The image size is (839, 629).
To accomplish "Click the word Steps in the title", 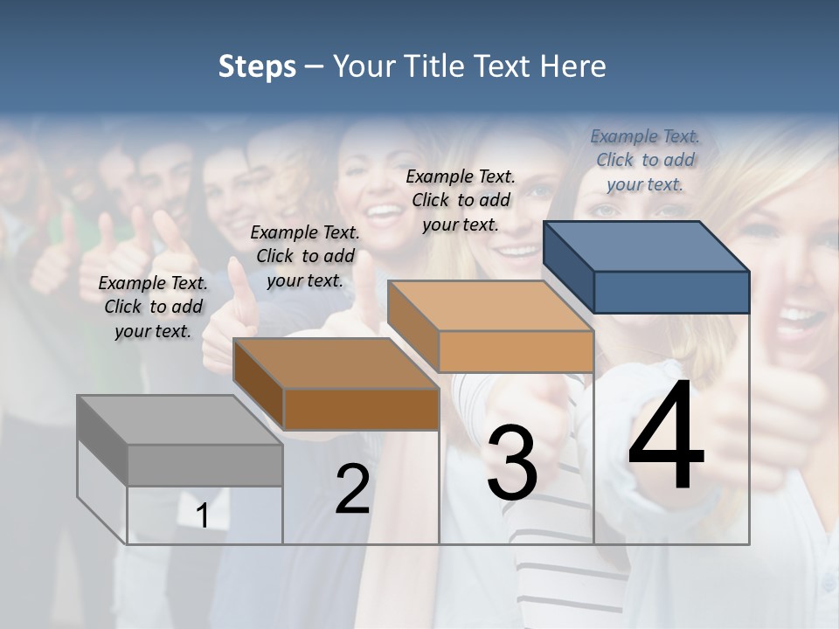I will pos(257,66).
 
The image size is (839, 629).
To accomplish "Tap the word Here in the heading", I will pos(573,66).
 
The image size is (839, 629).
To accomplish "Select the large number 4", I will pos(666,437).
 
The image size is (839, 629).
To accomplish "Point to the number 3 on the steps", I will pos(512,463).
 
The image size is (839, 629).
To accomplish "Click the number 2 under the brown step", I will pos(352,489).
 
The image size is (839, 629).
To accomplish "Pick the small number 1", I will pos(202,516).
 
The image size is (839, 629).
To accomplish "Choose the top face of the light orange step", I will pos(490,306).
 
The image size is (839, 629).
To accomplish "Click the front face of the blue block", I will pos(671,292).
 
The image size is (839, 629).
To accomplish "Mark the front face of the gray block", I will pos(205,465).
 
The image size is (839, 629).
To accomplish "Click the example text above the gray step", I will pos(153,307).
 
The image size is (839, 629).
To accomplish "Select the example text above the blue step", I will pos(645,160).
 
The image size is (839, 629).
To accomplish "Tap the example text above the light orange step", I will pos(461,200).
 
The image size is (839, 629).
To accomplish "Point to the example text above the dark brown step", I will pos(305,256).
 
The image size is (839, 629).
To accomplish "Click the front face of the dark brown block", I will pos(360,409).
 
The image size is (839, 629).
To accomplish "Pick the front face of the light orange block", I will pos(516,351).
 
